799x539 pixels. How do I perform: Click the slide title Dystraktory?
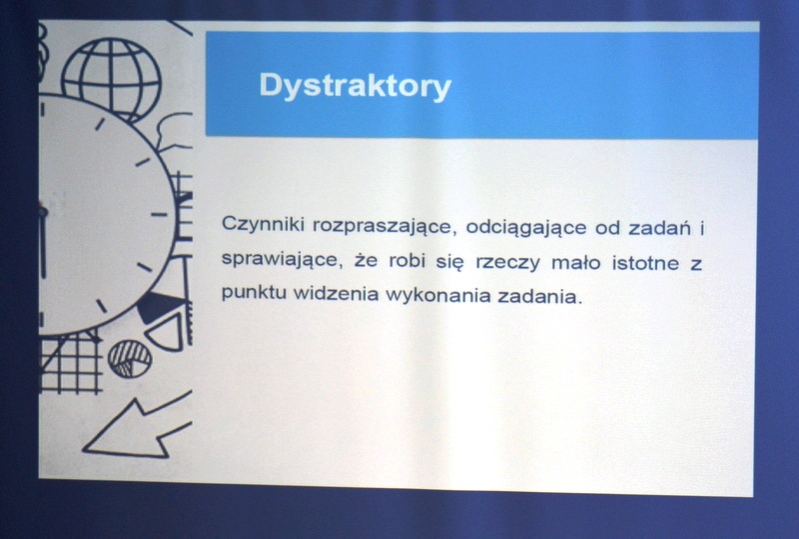356,86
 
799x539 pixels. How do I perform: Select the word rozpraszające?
383,226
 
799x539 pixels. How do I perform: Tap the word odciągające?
526,228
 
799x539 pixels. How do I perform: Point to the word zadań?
660,228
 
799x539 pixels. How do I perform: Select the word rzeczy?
507,263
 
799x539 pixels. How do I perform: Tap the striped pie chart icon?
130,359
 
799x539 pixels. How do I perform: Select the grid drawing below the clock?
70,363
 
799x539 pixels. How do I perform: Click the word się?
450,261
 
